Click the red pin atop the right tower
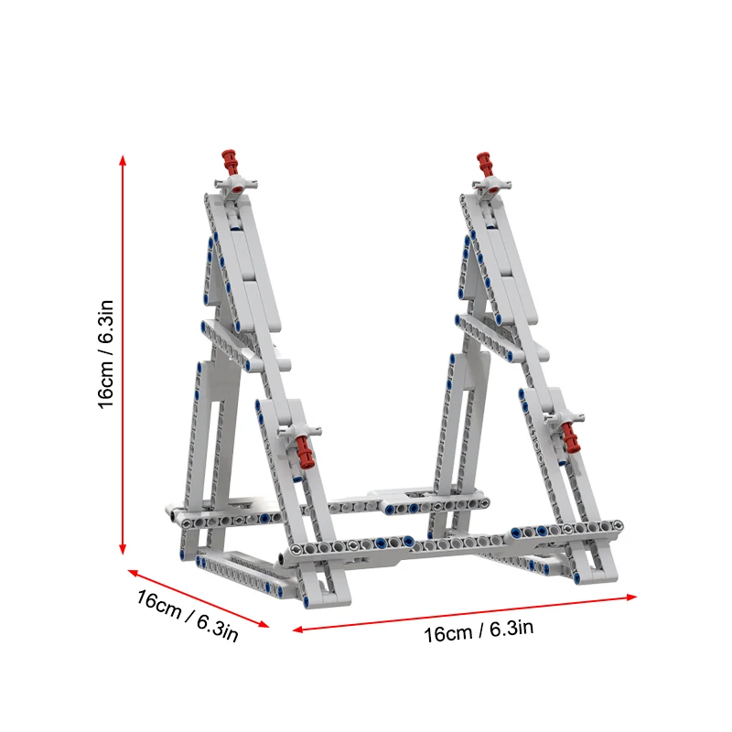pos(486,165)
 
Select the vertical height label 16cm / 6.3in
pos(108,355)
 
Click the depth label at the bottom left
pos(188,616)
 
